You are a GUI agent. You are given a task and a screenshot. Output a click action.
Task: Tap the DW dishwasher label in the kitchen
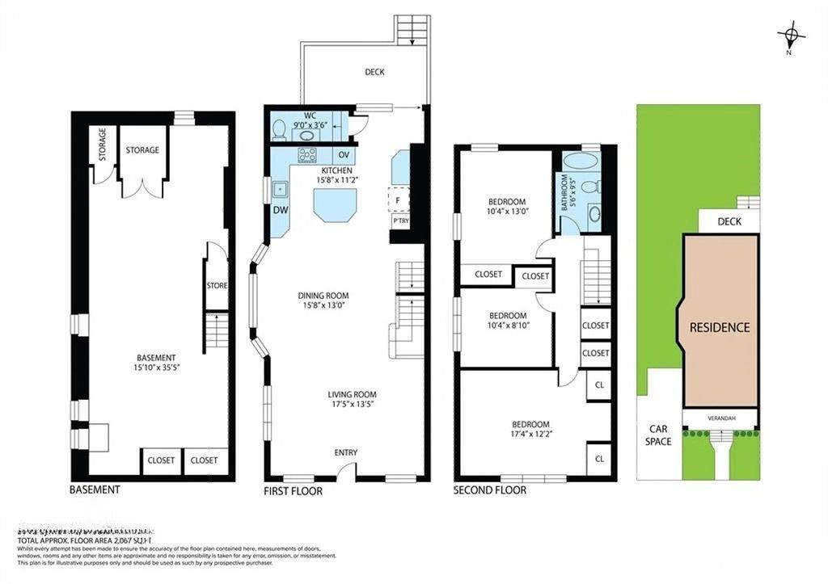point(280,211)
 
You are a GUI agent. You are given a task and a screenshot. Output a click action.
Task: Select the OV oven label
point(344,154)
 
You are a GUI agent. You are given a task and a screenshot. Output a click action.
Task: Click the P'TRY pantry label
point(400,221)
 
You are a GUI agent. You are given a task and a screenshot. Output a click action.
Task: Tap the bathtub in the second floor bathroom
point(581,159)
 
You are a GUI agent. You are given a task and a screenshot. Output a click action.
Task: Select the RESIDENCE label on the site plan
point(720,327)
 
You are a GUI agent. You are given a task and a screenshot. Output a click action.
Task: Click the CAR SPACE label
point(658,435)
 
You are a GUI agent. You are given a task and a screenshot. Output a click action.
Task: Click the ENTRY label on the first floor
point(345,452)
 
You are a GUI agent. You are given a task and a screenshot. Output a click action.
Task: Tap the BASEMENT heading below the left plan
point(95,489)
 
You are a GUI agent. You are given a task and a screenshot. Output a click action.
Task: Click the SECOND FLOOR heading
point(489,490)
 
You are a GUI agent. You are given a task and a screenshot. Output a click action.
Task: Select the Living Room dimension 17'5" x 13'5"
point(350,404)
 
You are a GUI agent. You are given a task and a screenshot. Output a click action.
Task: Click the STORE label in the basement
point(217,285)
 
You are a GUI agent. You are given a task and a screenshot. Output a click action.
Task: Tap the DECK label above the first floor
point(374,72)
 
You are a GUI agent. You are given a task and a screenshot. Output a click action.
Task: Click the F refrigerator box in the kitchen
point(399,198)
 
